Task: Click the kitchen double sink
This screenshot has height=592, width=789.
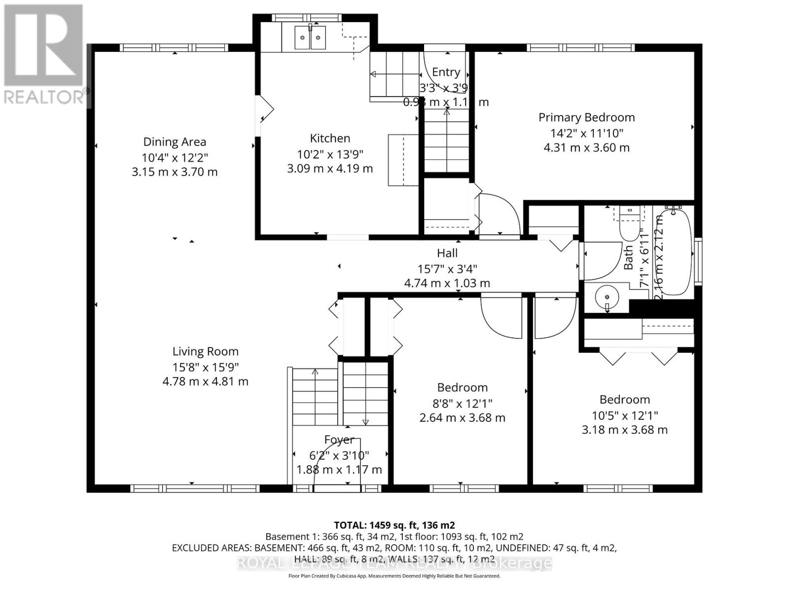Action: point(310,37)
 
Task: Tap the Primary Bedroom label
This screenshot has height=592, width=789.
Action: point(586,117)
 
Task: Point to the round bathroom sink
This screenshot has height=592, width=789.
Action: point(607,297)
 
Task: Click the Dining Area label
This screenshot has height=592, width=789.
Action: point(175,142)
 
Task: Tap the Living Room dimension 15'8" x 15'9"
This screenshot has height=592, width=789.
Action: point(205,367)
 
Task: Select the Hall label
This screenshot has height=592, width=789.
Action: point(447,253)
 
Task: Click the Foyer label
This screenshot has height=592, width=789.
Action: point(339,440)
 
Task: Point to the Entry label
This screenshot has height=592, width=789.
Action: point(446,72)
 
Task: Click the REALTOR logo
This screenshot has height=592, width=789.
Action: point(43,54)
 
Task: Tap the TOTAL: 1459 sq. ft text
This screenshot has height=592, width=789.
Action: point(394,525)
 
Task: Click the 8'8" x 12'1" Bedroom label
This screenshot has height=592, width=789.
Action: point(462,388)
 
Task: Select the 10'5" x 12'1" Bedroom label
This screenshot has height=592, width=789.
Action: point(624,400)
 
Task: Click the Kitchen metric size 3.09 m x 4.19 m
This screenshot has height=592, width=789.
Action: point(330,169)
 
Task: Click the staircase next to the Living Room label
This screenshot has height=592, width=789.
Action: point(315,397)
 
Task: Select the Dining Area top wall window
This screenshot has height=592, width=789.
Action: point(174,48)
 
